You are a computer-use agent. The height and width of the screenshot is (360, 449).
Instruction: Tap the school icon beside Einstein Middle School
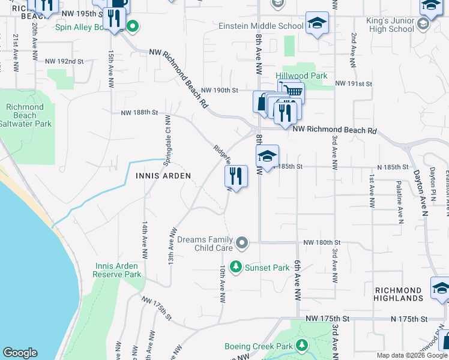point(317,23)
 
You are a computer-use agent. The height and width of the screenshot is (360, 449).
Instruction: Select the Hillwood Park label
point(301,76)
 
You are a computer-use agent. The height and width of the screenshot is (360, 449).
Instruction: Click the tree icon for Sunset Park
point(237,266)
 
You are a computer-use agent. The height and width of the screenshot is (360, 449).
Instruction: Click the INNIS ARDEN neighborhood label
point(163,176)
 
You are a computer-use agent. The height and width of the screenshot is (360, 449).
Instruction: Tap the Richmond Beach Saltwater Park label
point(25,115)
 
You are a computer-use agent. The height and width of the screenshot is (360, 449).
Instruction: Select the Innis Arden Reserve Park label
point(116,270)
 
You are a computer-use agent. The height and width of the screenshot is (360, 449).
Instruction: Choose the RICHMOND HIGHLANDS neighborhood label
point(399,294)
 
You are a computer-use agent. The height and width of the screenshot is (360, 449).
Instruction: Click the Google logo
point(20,353)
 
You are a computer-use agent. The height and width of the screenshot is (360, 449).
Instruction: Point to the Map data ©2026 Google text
point(411,355)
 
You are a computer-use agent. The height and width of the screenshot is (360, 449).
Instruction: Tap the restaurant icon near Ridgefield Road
point(236,176)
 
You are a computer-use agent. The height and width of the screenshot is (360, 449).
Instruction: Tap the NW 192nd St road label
point(64,61)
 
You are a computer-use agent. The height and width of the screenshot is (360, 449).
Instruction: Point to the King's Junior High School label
point(393,25)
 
